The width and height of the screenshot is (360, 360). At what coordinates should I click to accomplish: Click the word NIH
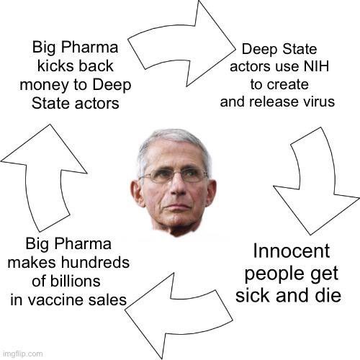point(316,66)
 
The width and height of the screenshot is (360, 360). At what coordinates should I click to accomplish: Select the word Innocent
point(292,251)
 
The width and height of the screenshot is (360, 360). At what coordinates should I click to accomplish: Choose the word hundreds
point(95,263)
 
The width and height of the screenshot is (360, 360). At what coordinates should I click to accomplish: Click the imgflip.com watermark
point(22,354)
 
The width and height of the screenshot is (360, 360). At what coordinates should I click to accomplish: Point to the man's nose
point(178,186)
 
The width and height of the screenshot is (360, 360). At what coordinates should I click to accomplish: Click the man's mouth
point(177,206)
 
